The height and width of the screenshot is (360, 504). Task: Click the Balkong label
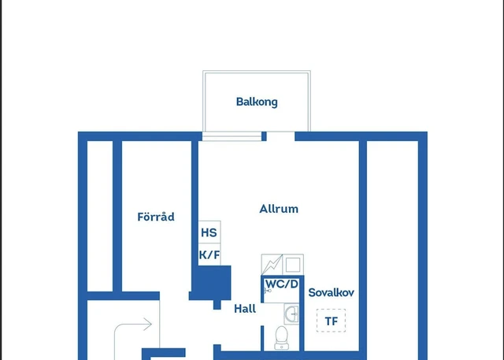click(257, 102)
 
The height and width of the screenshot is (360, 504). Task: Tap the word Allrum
click(279, 209)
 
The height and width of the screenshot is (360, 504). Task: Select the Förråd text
click(155, 217)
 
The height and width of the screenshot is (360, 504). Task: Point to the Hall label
click(245, 309)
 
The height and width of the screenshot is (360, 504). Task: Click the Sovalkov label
click(331, 292)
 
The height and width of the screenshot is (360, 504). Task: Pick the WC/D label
click(281, 284)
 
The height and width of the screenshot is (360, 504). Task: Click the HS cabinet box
click(209, 233)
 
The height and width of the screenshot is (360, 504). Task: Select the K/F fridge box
click(209, 255)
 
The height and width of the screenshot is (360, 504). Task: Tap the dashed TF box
click(331, 321)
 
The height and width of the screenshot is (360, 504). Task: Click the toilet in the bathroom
click(282, 337)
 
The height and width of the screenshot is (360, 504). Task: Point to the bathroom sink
click(292, 314)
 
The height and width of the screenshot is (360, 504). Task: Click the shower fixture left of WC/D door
click(269, 291)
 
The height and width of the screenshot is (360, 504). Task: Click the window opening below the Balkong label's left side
click(232, 136)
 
